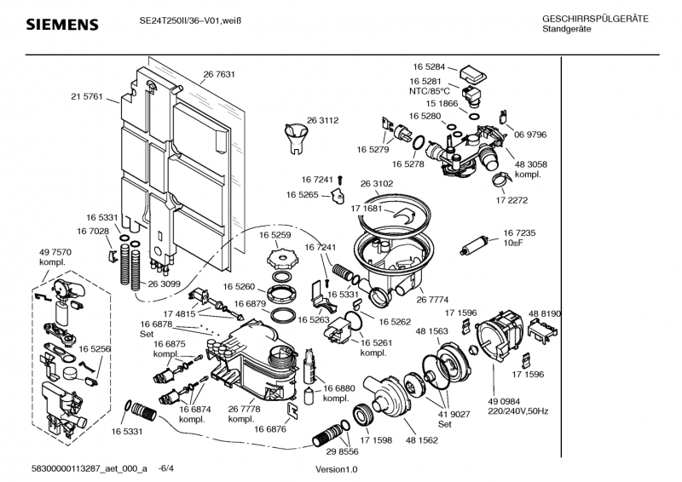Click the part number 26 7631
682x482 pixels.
219,74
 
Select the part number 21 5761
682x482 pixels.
87,96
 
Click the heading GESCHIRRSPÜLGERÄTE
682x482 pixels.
595,19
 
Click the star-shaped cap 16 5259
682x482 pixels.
282,255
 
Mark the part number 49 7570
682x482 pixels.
55,253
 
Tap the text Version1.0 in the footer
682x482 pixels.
337,470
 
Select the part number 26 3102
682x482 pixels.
377,183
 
